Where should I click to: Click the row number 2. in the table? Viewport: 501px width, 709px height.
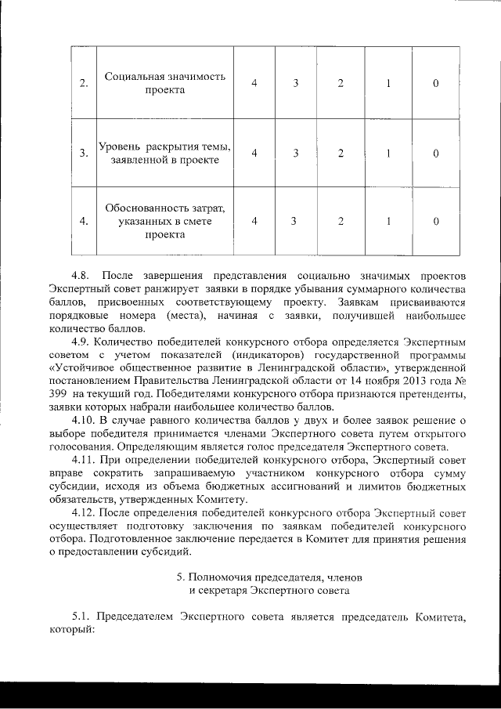coord(83,84)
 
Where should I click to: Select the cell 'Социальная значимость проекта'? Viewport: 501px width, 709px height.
coord(164,83)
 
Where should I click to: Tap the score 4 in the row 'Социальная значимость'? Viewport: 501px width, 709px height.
coord(254,84)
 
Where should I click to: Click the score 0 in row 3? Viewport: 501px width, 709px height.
coord(435,153)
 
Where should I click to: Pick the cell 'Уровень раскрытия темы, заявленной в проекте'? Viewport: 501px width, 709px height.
coord(164,153)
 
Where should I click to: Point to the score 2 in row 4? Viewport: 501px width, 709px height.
coord(341,221)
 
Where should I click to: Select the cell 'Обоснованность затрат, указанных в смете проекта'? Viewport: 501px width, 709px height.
coord(164,221)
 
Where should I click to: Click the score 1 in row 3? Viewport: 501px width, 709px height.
coord(389,153)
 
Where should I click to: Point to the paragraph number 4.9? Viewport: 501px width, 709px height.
coord(81,342)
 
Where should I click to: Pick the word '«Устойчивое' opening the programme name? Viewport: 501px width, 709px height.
coord(79,368)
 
